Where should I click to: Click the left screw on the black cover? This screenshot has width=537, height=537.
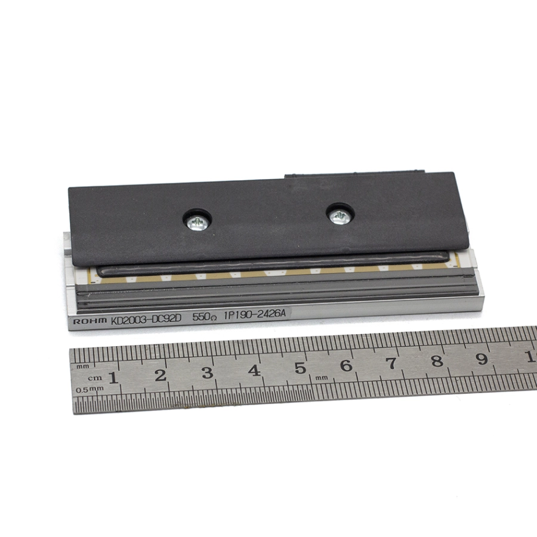coord(196,223)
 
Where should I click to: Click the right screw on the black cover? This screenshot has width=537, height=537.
coord(339,217)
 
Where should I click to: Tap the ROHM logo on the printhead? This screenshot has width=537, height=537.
coord(90,321)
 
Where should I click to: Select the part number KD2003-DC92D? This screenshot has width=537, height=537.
coord(146,320)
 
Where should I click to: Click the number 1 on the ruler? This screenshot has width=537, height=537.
coord(113,378)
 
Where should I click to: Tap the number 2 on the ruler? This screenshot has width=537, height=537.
coord(161,375)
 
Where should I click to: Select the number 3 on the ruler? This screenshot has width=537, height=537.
coord(207,373)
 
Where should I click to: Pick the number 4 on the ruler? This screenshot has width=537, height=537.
coord(254,371)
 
